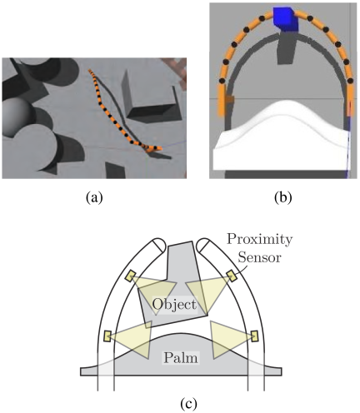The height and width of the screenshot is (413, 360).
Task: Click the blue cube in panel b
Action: (286, 18)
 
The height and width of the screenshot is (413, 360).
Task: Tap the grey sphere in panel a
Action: (15, 117)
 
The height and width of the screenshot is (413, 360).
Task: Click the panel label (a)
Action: (94, 198)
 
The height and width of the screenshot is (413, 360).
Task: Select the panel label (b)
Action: (282, 198)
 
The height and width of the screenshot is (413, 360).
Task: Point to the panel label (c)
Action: (189, 404)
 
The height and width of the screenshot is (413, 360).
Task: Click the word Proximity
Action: (259, 240)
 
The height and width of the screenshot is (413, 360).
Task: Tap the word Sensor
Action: (260, 257)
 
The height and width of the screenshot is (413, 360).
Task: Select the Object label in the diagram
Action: (174, 305)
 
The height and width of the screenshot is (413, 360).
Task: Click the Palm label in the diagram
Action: (181, 358)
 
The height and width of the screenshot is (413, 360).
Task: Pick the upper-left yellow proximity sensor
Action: (130, 276)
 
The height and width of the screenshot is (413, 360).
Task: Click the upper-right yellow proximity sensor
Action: (231, 276)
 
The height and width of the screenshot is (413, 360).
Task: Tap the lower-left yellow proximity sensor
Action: (107, 336)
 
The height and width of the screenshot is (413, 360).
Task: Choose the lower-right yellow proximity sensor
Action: (254, 336)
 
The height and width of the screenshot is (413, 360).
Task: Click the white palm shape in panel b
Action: (281, 139)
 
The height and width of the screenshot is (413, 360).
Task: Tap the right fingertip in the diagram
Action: (202, 244)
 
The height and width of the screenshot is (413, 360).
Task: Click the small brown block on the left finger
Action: (230, 100)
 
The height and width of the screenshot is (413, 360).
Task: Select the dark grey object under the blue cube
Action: (286, 48)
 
